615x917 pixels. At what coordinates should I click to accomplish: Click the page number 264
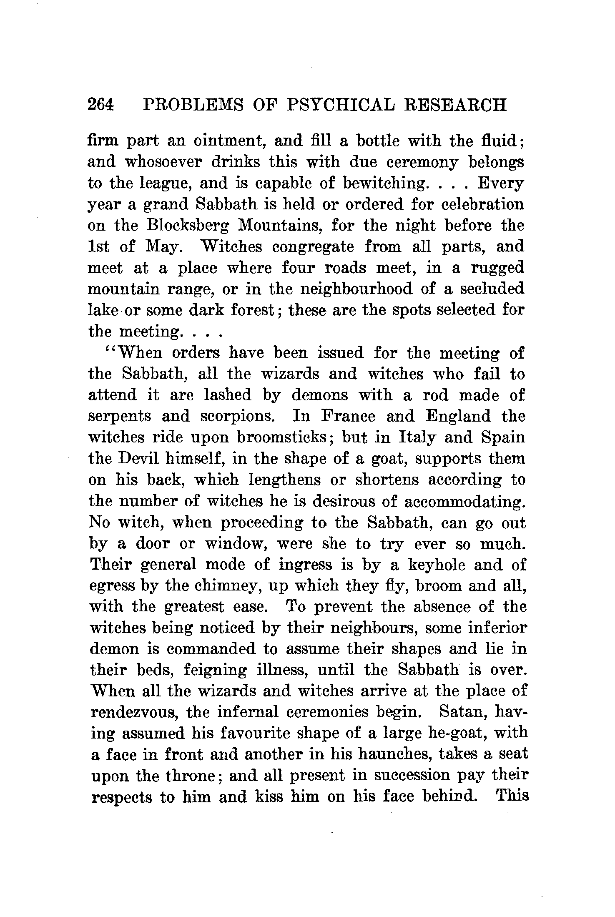coord(100,105)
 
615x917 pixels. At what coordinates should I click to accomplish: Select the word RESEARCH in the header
coord(456,105)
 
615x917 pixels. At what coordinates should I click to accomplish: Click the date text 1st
coord(98,247)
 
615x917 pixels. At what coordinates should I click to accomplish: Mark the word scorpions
coord(239,417)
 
